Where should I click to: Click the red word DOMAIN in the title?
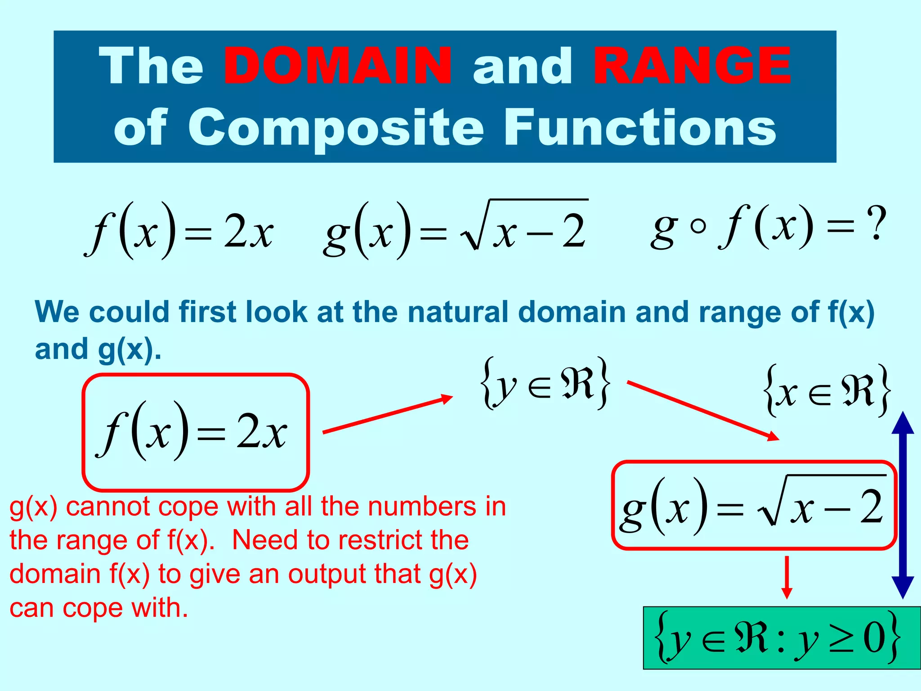(338, 66)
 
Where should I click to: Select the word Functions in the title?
(640, 128)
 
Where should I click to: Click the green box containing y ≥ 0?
(782, 637)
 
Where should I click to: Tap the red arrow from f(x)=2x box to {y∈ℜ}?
(387, 414)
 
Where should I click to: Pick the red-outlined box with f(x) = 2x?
(196, 432)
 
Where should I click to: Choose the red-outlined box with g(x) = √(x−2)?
(754, 505)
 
